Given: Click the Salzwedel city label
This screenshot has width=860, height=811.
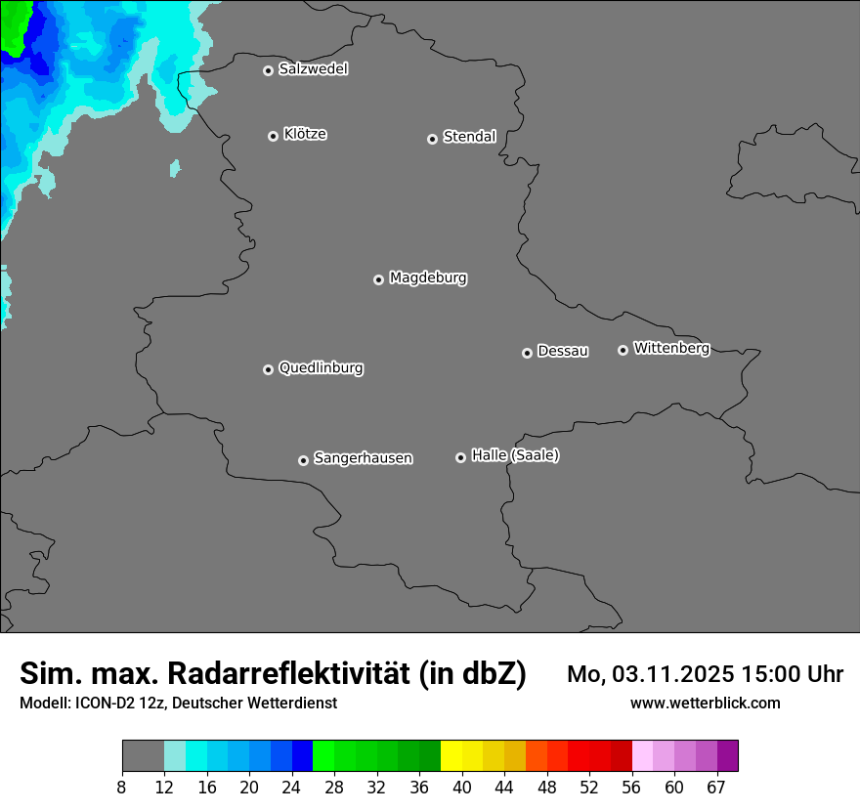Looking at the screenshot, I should [313, 69].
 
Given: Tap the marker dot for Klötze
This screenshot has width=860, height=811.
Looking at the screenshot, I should [273, 136].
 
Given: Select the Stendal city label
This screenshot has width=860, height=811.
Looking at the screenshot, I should [469, 137].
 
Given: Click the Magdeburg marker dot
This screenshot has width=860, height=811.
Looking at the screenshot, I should [378, 279].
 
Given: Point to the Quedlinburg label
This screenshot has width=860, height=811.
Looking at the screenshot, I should [321, 368].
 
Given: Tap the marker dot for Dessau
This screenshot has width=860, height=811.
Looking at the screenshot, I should [527, 353].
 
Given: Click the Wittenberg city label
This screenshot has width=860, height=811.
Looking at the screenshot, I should [671, 348].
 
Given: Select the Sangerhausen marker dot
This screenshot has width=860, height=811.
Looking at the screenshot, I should [303, 460].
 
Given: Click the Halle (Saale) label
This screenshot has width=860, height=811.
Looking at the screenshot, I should [515, 455].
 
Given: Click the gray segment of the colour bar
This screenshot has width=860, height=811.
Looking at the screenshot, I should [143, 756].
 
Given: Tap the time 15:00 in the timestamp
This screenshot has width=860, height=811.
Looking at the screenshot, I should [776, 674].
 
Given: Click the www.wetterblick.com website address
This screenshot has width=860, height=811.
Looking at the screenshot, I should [705, 704].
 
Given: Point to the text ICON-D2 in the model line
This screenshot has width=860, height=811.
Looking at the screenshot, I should [105, 704].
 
